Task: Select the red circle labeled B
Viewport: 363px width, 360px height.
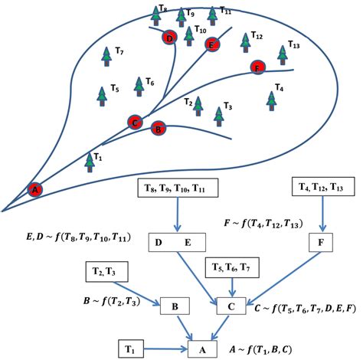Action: click(158, 128)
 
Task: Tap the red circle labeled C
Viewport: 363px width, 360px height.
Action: click(134, 121)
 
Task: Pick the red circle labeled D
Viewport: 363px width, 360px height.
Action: click(169, 38)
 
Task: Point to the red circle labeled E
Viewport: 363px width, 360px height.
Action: click(212, 44)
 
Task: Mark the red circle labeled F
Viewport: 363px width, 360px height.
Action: click(257, 67)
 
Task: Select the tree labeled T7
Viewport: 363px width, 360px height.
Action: click(106, 55)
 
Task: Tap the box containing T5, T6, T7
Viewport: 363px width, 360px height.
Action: click(231, 269)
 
